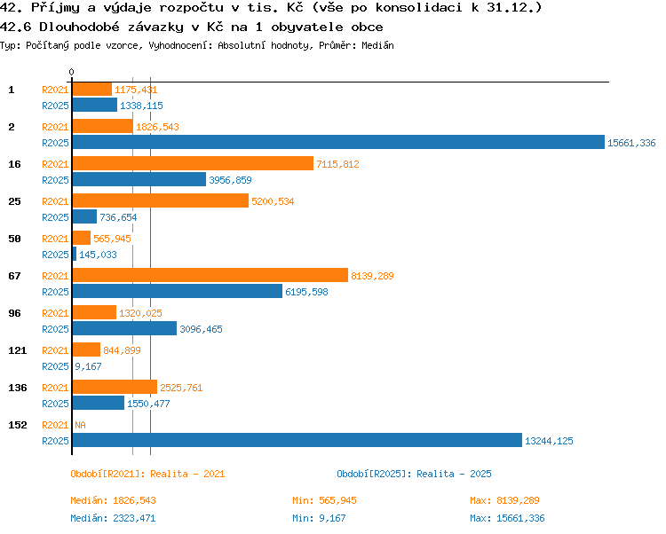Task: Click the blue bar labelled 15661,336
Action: pos(338,142)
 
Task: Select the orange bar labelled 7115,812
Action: pos(193,163)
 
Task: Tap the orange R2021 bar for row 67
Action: pos(210,275)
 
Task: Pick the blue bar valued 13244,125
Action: pos(297,440)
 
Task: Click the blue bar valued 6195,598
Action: pos(178,291)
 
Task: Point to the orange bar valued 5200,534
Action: pos(161,200)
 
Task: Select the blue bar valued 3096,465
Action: pos(124,328)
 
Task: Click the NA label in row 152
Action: pos(80,425)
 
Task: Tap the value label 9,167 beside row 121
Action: pos(88,366)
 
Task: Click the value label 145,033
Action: pos(98,255)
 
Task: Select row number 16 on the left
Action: pos(14,164)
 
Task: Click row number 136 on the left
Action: pos(18,388)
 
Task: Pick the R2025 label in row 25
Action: pos(55,217)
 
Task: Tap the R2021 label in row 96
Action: pos(55,313)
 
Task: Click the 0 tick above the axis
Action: pos(71,72)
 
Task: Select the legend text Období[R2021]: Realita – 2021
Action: pos(147,474)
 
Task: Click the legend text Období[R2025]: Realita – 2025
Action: pos(414,474)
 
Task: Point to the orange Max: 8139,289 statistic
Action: pos(504,500)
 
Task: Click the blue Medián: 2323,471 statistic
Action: pos(113,518)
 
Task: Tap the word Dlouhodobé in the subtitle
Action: pos(79,27)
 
